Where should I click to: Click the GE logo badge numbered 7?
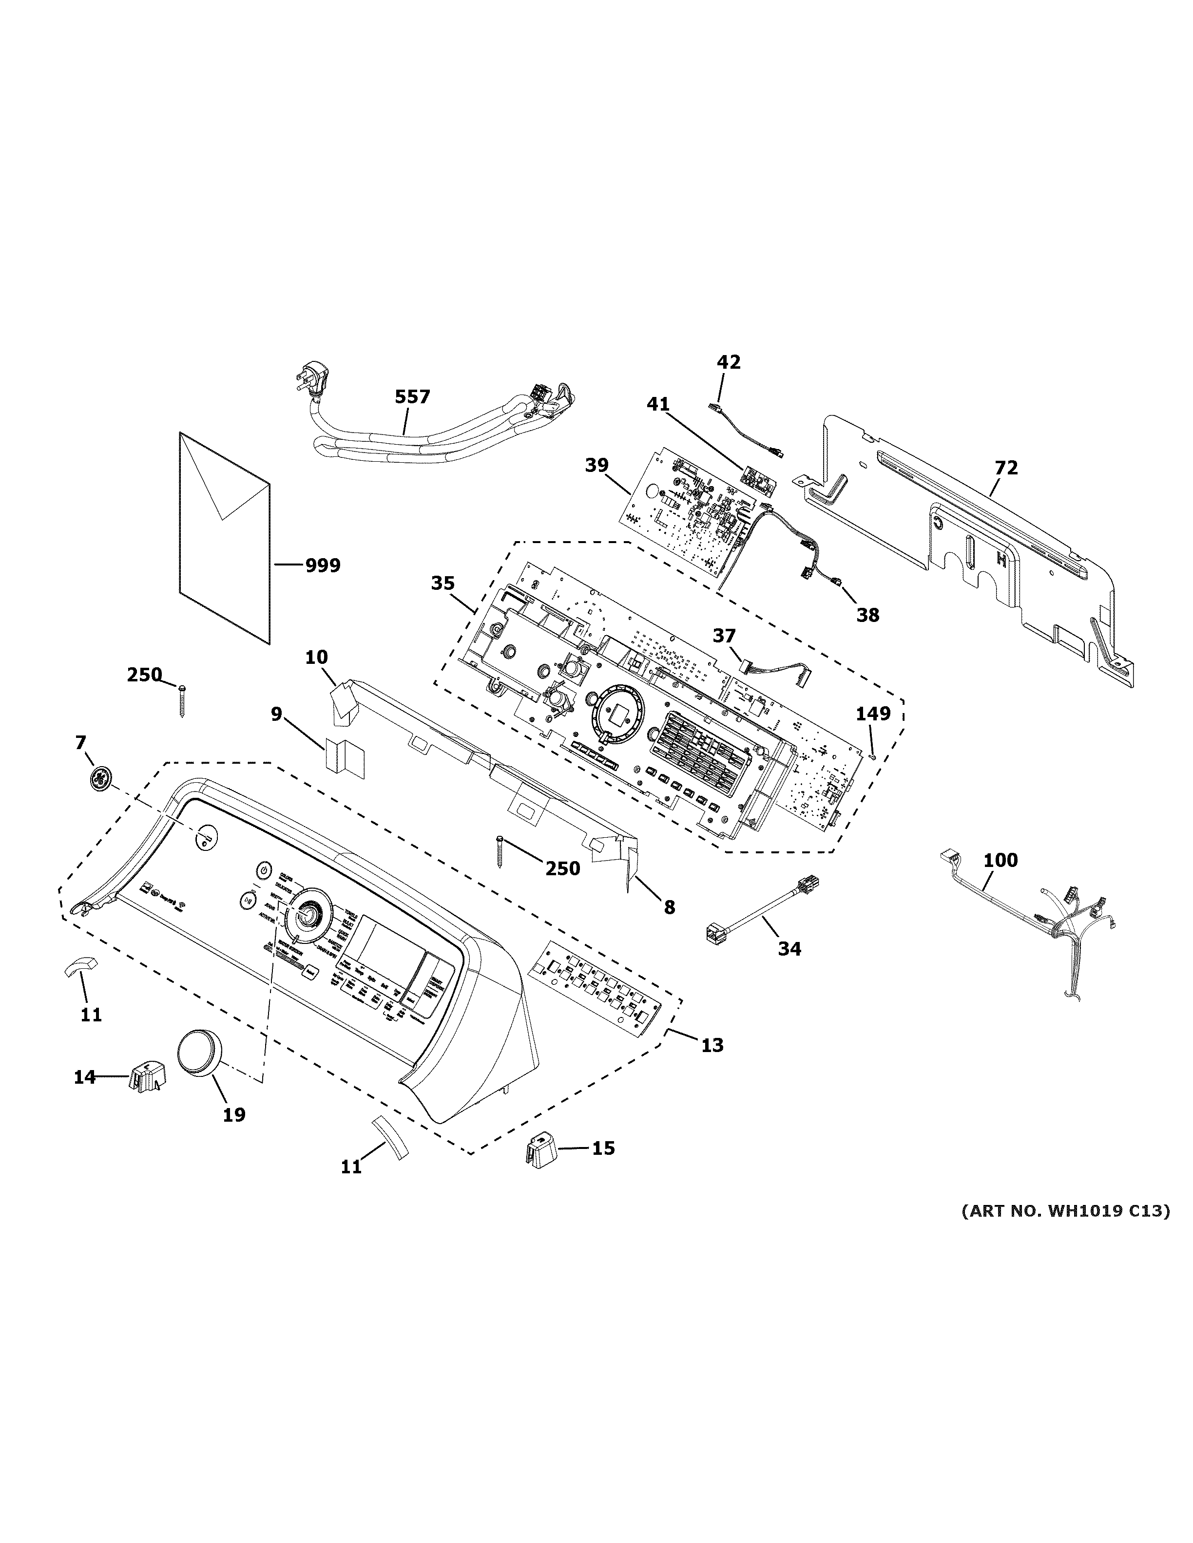(x=99, y=778)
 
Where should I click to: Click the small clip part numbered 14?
(x=146, y=1079)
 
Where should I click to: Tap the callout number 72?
(x=1006, y=468)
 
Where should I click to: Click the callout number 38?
(x=868, y=615)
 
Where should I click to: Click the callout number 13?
(x=712, y=1064)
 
